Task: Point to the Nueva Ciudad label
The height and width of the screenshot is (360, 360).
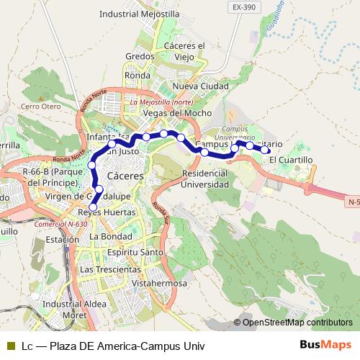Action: coord(201,86)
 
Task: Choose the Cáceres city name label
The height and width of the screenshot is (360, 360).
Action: coord(125,176)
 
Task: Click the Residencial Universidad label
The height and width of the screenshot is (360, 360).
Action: coord(206,179)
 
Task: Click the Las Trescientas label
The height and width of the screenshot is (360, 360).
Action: coord(110,269)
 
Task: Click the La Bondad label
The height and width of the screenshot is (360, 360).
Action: coord(111,236)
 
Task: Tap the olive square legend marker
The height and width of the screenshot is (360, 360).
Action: coord(10,345)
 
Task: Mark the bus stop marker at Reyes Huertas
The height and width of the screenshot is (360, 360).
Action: coord(93,207)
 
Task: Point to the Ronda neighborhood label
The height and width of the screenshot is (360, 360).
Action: coord(137,74)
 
